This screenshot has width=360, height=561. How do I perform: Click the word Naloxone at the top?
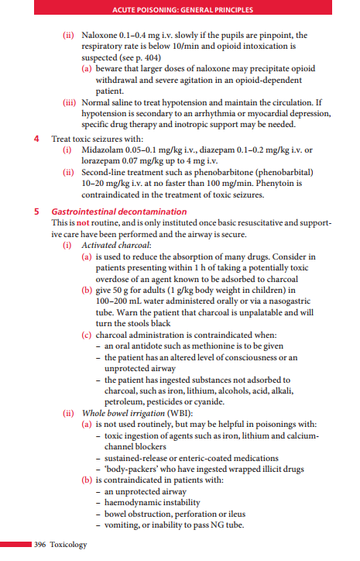point(100,36)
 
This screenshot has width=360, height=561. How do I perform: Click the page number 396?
point(40,545)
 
